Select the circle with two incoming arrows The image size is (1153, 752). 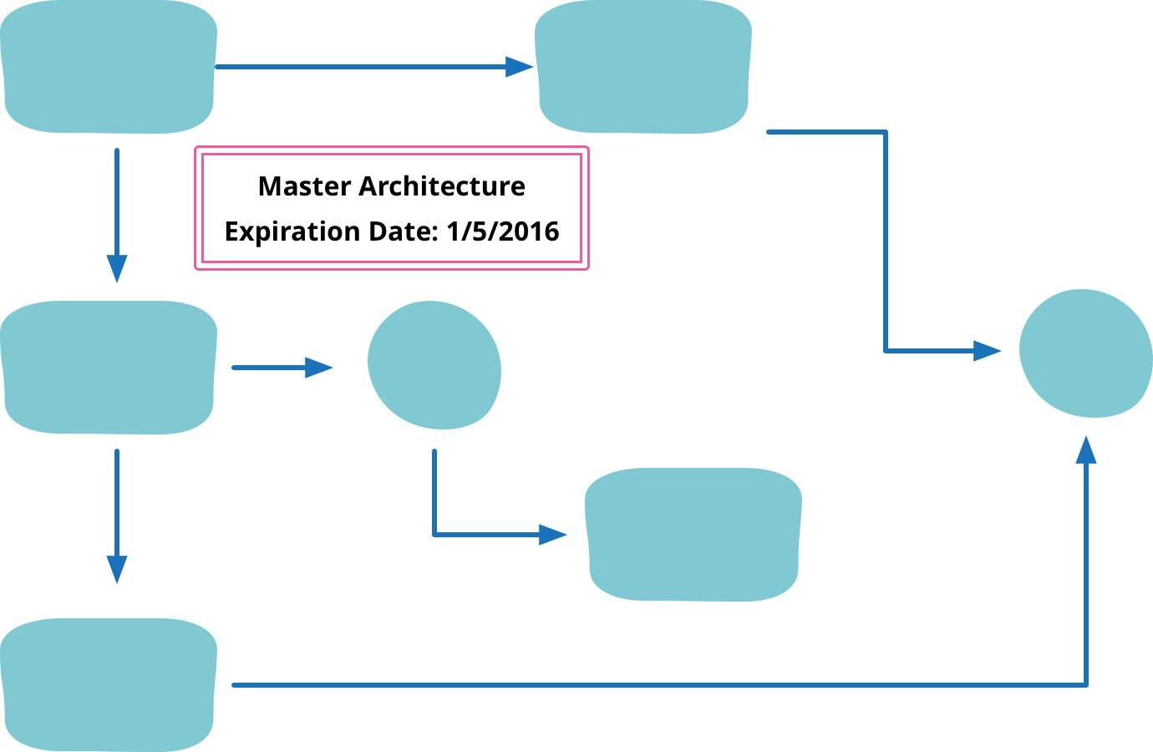point(1085,353)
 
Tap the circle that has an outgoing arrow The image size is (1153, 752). point(434,365)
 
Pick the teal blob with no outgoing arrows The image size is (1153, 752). point(693,535)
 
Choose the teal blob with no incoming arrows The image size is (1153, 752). point(109,67)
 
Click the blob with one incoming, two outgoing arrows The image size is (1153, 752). point(109,368)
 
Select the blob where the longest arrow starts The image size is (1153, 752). point(109,685)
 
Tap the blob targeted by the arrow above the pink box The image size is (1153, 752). point(643,67)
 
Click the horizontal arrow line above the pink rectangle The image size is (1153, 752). point(359,67)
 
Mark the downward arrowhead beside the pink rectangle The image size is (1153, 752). point(117,270)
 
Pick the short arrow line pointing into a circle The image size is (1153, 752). point(267,367)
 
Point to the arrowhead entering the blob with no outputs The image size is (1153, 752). point(553,534)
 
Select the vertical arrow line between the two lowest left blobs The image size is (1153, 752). point(117,501)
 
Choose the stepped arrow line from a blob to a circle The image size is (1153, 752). point(886,242)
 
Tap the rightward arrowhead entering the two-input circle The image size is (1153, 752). point(988,351)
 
